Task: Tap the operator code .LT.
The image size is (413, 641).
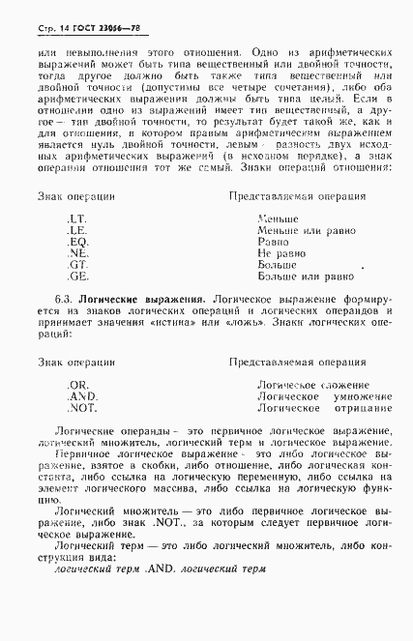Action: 76,219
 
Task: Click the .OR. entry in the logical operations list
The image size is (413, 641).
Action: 77,386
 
